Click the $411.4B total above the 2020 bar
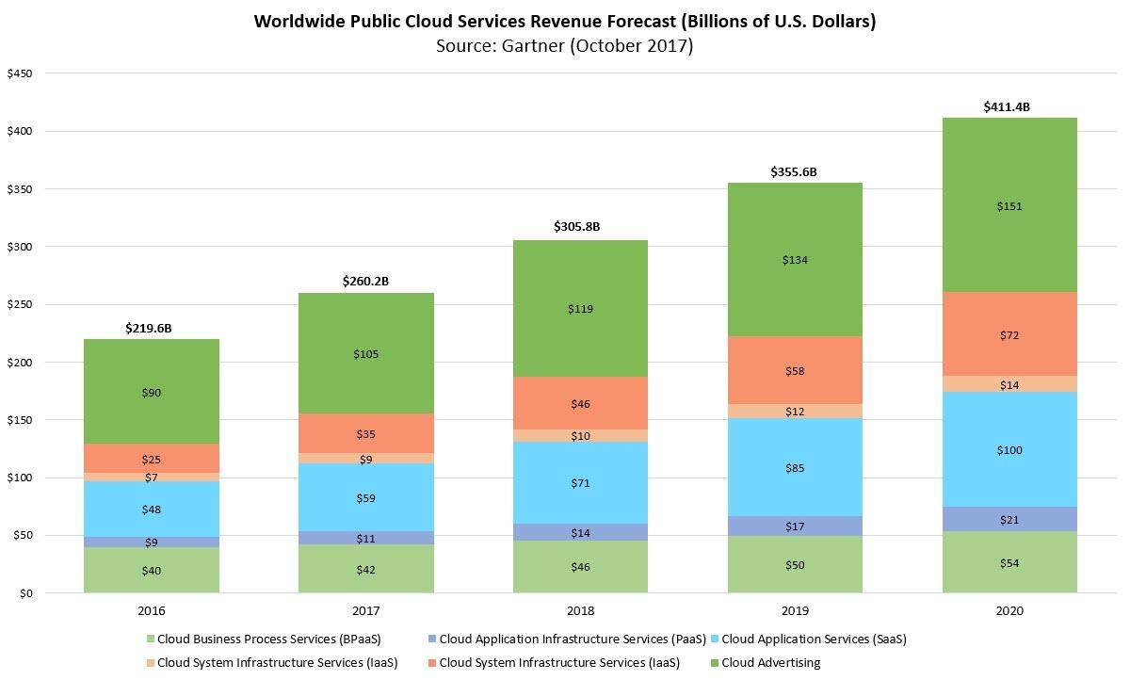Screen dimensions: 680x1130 click(x=1009, y=107)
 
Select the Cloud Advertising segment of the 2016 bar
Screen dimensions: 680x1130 click(x=152, y=392)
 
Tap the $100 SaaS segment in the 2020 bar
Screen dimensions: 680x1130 click(x=1009, y=450)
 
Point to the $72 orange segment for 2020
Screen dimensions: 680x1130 click(x=1009, y=334)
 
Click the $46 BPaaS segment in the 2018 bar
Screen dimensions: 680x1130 click(x=581, y=567)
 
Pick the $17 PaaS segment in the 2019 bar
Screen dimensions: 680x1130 click(x=796, y=526)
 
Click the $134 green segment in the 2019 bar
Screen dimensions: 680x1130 click(x=796, y=260)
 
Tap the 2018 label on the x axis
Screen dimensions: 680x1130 click(x=581, y=611)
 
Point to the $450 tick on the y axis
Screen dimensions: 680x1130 click(x=20, y=73)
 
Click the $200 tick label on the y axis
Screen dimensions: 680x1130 click(x=20, y=363)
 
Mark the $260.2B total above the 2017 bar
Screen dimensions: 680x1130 click(x=366, y=281)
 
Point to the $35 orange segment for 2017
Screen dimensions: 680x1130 click(x=366, y=434)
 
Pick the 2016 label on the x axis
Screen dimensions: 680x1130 click(x=152, y=611)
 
